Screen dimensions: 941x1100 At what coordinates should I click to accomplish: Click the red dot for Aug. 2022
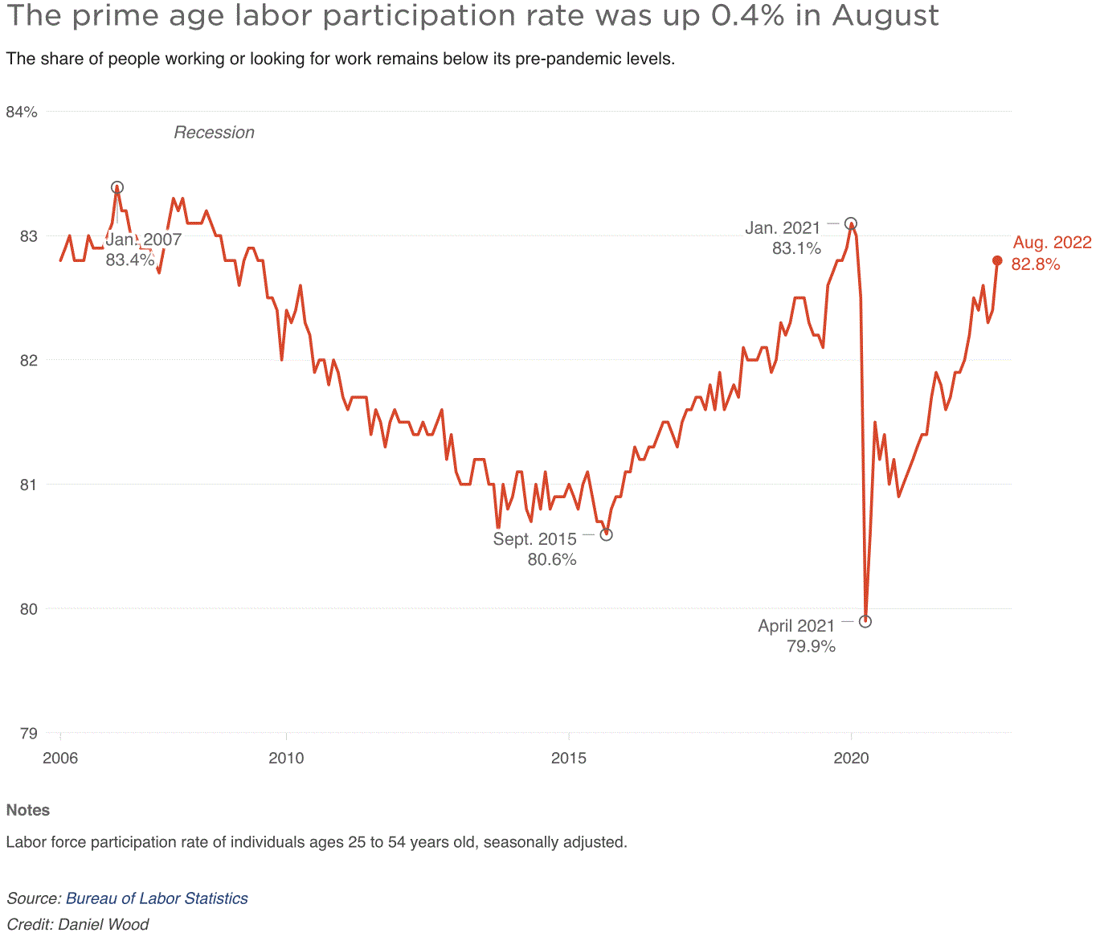[x=997, y=260]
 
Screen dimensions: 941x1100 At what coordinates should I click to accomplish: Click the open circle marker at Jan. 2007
[x=117, y=187]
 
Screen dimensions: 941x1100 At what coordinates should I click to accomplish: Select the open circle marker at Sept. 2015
[x=607, y=534]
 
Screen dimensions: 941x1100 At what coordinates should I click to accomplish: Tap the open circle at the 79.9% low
[x=865, y=621]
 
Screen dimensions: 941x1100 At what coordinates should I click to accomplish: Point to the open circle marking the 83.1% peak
[x=851, y=223]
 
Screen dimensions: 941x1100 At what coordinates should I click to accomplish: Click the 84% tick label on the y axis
[x=22, y=112]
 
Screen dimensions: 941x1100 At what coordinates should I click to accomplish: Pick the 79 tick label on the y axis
[x=28, y=733]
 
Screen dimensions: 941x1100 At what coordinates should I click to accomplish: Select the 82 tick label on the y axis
[x=28, y=360]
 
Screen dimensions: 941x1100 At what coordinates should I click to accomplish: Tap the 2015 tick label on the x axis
[x=568, y=758]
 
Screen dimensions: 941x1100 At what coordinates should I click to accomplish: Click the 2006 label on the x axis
[x=60, y=758]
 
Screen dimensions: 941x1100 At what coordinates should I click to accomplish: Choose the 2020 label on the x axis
[x=851, y=758]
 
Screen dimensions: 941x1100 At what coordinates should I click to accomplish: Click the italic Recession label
[x=214, y=133]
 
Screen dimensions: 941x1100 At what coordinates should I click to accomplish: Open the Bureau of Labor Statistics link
[x=157, y=898]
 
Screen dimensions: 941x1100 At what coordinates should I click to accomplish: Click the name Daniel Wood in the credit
[x=104, y=924]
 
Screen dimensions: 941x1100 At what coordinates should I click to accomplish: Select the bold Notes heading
[x=28, y=810]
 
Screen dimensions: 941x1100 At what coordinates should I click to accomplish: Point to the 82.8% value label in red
[x=1035, y=264]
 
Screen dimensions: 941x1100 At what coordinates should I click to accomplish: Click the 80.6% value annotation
[x=552, y=559]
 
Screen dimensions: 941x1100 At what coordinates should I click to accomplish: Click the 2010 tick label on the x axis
[x=286, y=758]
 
